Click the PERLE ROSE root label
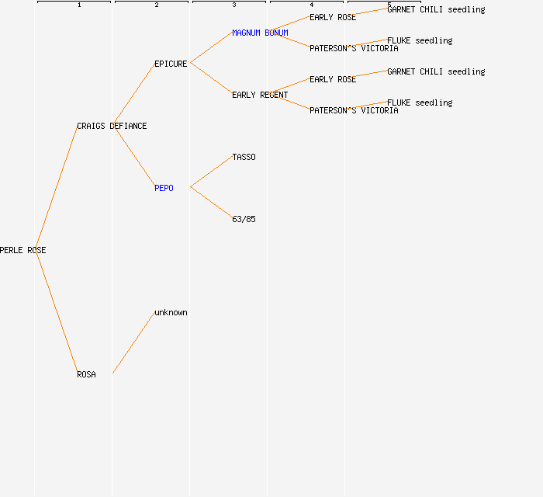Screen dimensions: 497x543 point(23,251)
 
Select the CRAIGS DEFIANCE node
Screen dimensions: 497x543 point(112,127)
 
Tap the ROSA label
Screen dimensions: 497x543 point(86,375)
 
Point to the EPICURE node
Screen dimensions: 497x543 point(171,64)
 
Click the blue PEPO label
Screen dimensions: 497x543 point(164,189)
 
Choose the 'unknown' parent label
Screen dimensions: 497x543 point(171,313)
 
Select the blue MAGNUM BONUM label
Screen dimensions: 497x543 point(260,33)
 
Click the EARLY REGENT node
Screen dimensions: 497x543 point(260,96)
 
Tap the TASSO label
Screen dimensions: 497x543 point(244,158)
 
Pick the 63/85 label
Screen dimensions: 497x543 point(244,220)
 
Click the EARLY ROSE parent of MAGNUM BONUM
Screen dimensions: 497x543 point(333,17)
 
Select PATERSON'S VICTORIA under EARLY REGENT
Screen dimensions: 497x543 point(354,111)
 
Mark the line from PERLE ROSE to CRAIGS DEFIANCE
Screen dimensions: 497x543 point(56,187)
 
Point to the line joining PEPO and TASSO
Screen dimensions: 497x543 point(211,172)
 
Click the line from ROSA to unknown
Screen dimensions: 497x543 point(133,342)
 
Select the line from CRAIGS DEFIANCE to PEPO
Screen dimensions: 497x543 point(133,156)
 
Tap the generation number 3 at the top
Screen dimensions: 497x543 point(234,5)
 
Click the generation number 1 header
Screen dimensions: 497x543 point(79,5)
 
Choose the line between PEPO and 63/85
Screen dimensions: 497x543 point(211,203)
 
